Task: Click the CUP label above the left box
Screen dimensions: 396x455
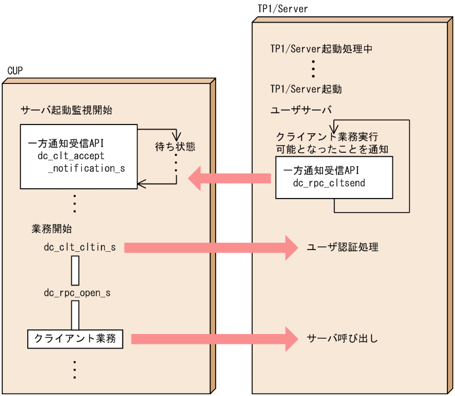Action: point(15,71)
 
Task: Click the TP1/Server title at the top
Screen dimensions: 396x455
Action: point(282,9)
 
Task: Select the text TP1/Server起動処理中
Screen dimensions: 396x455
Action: point(321,49)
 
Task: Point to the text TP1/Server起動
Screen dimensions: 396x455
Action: point(306,89)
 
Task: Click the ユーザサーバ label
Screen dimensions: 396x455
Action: point(301,110)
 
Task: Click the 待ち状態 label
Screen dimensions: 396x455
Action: point(175,146)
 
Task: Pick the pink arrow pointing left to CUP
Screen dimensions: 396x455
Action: point(230,178)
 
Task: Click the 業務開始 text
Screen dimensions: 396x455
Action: point(52,229)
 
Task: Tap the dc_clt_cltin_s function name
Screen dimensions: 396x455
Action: point(80,248)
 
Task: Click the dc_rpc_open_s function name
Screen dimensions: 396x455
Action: point(77,293)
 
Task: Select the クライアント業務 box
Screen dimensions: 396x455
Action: point(75,339)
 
